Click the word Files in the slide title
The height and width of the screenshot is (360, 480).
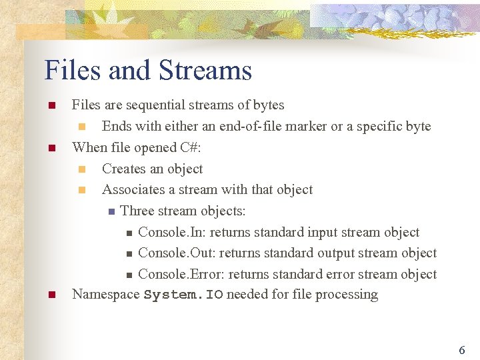point(71,70)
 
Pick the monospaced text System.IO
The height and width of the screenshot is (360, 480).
point(183,295)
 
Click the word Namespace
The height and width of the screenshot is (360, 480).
point(105,295)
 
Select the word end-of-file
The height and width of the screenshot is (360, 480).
point(255,126)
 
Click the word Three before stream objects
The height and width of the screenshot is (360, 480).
point(137,211)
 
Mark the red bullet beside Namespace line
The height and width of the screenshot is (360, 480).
point(49,295)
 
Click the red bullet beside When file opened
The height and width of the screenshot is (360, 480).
point(49,147)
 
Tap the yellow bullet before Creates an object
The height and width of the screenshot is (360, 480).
point(82,169)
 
